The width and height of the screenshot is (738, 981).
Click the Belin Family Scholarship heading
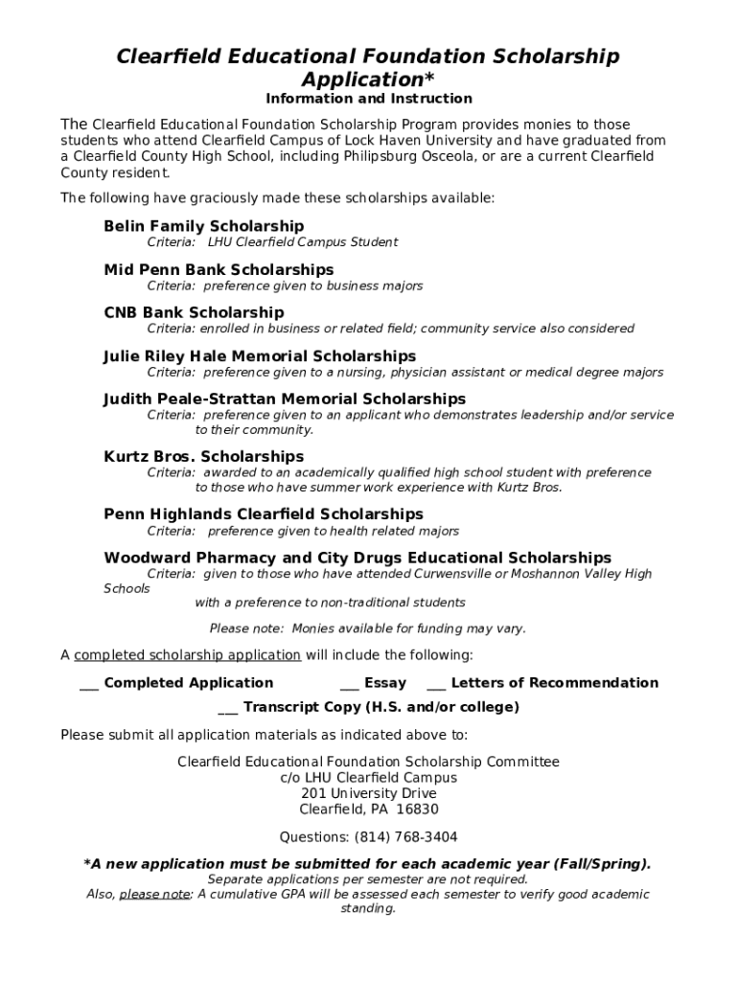[x=203, y=226]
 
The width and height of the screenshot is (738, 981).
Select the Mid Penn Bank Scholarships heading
[x=219, y=270]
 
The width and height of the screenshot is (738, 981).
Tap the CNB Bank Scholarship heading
[x=194, y=312]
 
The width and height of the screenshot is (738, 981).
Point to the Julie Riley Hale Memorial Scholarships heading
[x=260, y=356]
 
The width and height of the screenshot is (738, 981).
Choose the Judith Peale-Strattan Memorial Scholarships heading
[x=285, y=399]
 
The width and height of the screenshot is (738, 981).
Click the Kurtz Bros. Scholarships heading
[x=203, y=457]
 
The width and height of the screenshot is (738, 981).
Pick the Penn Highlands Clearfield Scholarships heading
[x=264, y=514]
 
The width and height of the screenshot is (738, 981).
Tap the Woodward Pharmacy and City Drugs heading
[x=357, y=558]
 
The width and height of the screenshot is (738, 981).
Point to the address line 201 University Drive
[x=369, y=793]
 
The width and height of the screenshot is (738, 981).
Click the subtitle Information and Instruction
[x=369, y=99]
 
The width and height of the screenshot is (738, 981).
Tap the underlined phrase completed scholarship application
[x=188, y=655]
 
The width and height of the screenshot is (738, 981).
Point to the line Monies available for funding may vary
[x=368, y=628]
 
